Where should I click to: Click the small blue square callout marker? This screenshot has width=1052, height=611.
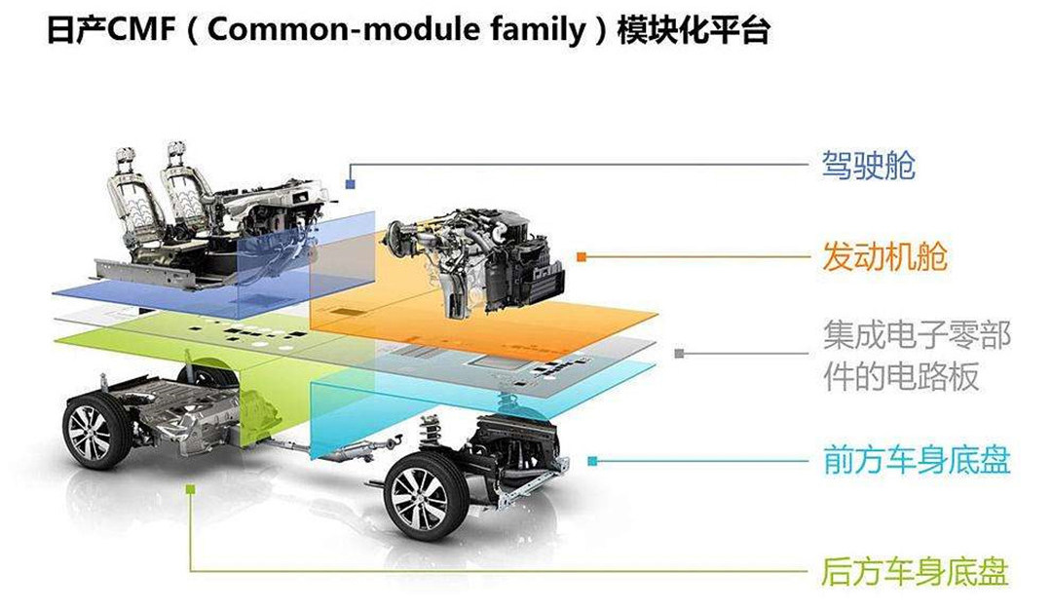click(349, 181)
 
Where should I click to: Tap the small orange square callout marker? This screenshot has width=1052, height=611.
click(582, 257)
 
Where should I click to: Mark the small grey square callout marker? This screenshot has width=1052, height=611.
click(678, 353)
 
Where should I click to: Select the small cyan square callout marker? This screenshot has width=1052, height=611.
click(593, 460)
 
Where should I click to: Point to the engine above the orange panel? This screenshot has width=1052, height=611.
click(477, 258)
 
